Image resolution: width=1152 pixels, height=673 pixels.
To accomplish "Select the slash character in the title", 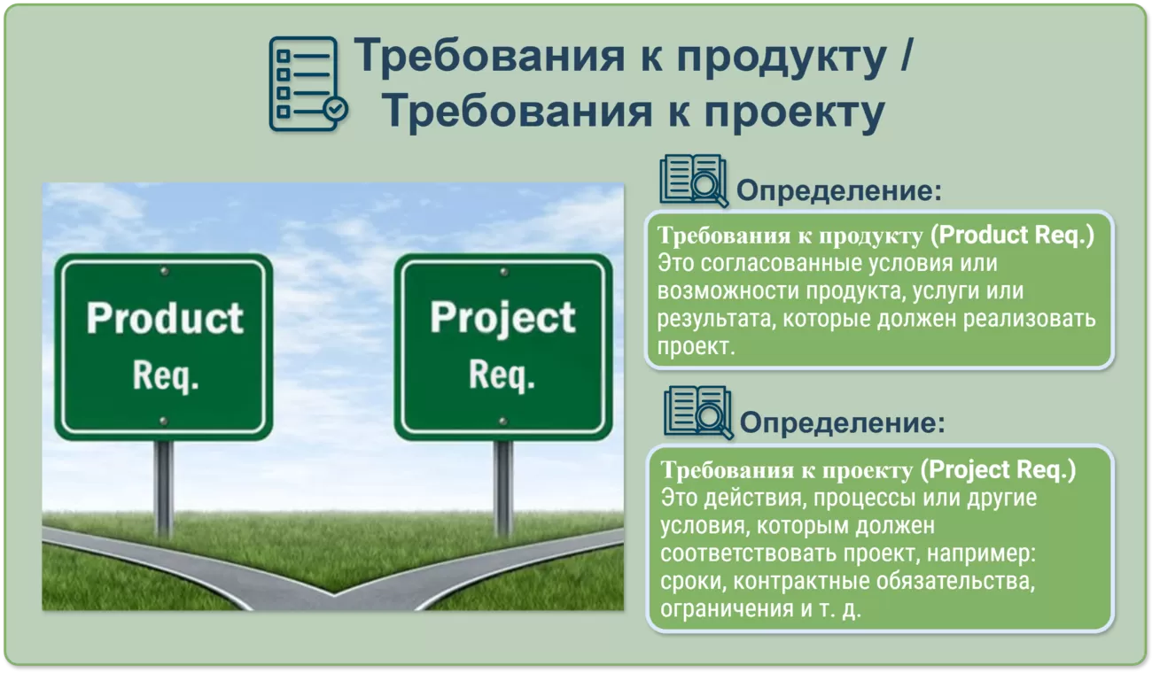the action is (x=907, y=54).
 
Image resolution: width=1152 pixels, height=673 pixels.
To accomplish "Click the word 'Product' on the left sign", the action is (x=165, y=318).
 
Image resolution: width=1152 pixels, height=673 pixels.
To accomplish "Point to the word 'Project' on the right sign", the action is (x=502, y=320).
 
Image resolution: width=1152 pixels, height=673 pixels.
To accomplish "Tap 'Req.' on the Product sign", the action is (x=165, y=375).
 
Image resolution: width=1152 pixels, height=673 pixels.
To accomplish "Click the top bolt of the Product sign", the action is (x=164, y=271).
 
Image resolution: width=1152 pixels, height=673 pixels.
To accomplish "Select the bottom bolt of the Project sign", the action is (x=503, y=422).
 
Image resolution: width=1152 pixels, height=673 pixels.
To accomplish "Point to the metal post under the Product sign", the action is (x=164, y=488).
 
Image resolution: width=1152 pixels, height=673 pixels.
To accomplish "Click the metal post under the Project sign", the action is (x=503, y=488).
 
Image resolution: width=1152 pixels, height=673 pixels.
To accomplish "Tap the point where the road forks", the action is (x=333, y=594).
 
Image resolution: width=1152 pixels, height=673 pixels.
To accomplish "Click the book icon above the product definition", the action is (x=693, y=181).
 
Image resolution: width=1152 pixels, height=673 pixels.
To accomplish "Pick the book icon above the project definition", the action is (x=698, y=413).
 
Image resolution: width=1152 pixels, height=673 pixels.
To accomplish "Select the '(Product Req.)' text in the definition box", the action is (x=1012, y=236).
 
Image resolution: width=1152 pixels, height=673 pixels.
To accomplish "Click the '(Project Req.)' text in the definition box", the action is (x=998, y=469).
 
